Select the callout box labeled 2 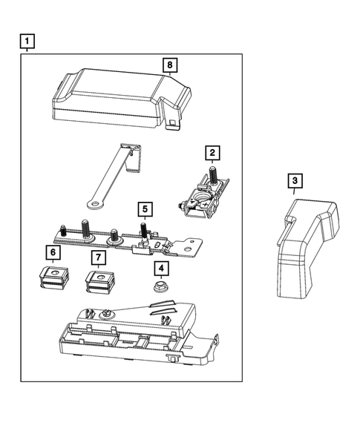click(x=212, y=154)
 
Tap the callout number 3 click(x=295, y=181)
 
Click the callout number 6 click(x=53, y=253)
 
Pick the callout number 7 click(x=98, y=257)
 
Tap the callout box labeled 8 click(x=170, y=66)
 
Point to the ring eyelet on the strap click(x=94, y=200)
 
